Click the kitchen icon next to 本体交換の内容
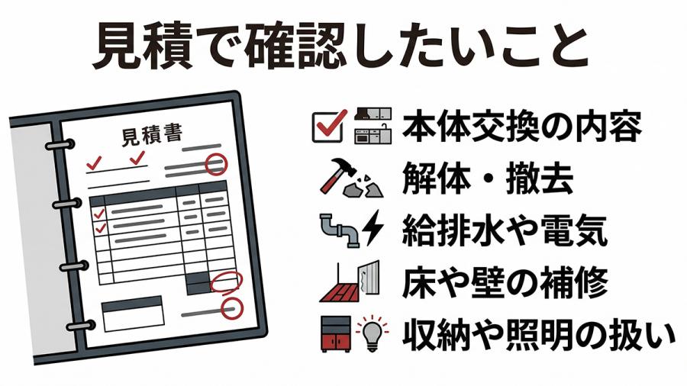(372, 126)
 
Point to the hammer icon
(336, 176)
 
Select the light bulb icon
(371, 333)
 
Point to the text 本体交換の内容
(521, 127)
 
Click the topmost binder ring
(59, 143)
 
